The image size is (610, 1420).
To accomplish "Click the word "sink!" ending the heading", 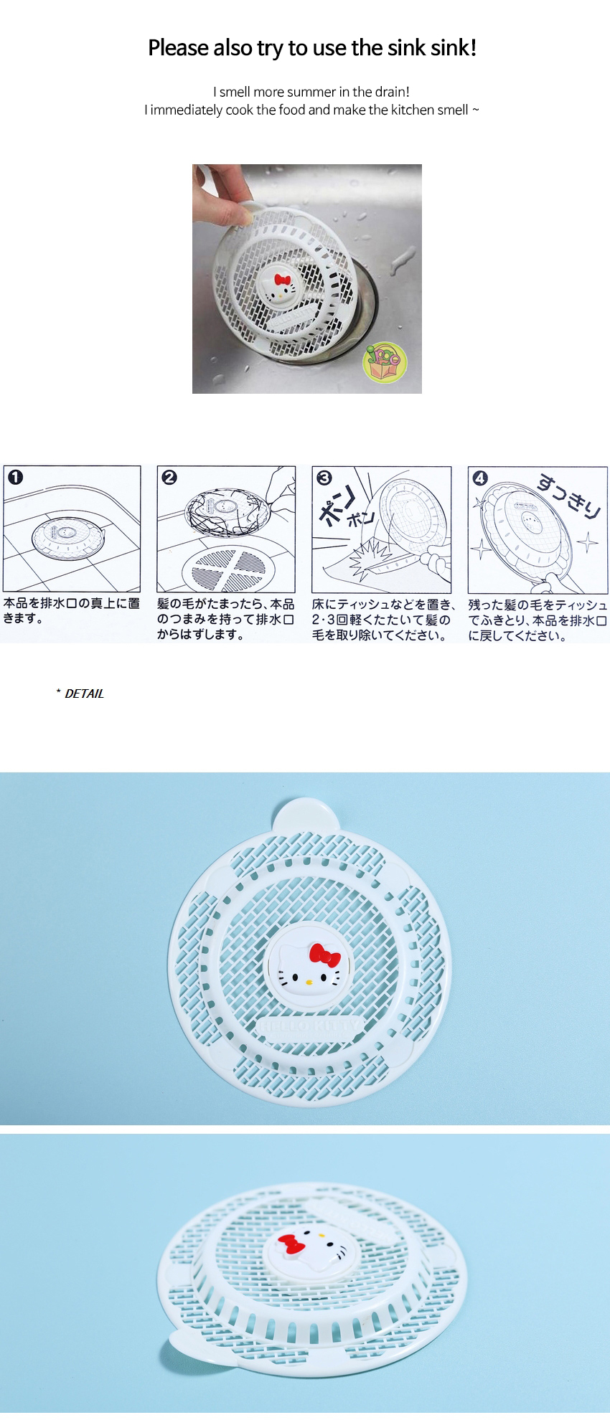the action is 454,48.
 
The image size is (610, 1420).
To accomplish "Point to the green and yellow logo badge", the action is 385,361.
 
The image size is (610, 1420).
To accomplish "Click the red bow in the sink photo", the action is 282,279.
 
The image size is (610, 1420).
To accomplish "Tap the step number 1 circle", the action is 15,477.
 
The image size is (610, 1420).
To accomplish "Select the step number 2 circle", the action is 169,477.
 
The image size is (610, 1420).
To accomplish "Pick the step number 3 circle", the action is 324,478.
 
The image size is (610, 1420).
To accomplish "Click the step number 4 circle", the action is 480,478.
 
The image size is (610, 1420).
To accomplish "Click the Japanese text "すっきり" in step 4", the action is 569,495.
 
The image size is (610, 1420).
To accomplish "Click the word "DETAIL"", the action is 84,694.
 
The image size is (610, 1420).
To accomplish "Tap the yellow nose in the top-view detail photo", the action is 309,981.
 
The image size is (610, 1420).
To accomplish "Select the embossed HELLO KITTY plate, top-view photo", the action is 309,1025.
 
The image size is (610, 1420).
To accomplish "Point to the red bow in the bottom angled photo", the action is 291,1244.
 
